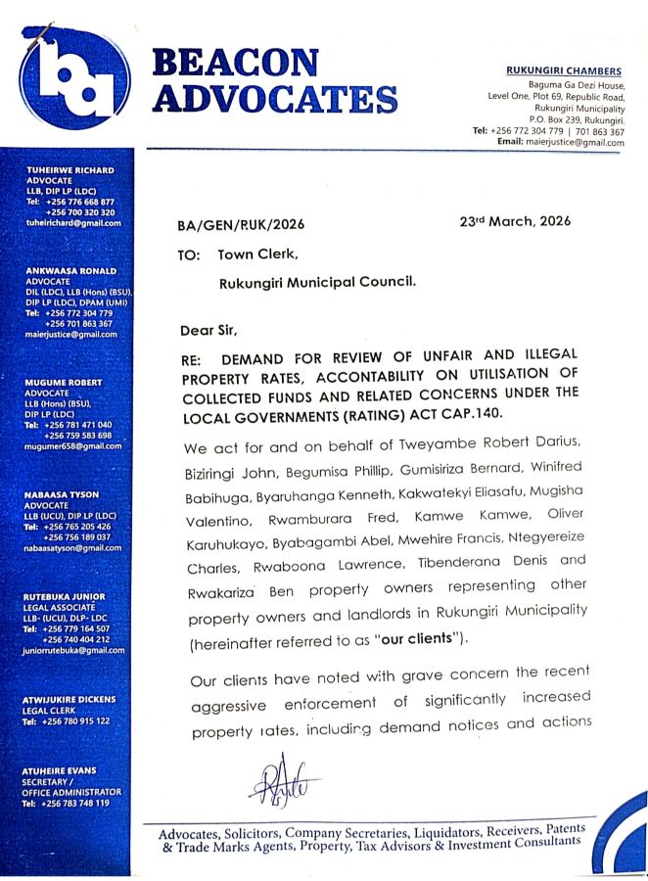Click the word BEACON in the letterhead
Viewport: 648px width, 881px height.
coord(236,64)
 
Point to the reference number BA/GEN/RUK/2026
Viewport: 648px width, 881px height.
coord(241,225)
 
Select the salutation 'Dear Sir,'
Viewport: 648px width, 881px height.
coord(208,329)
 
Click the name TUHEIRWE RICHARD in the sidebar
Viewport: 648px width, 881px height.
coord(69,170)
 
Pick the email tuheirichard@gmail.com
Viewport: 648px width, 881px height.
coord(72,223)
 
